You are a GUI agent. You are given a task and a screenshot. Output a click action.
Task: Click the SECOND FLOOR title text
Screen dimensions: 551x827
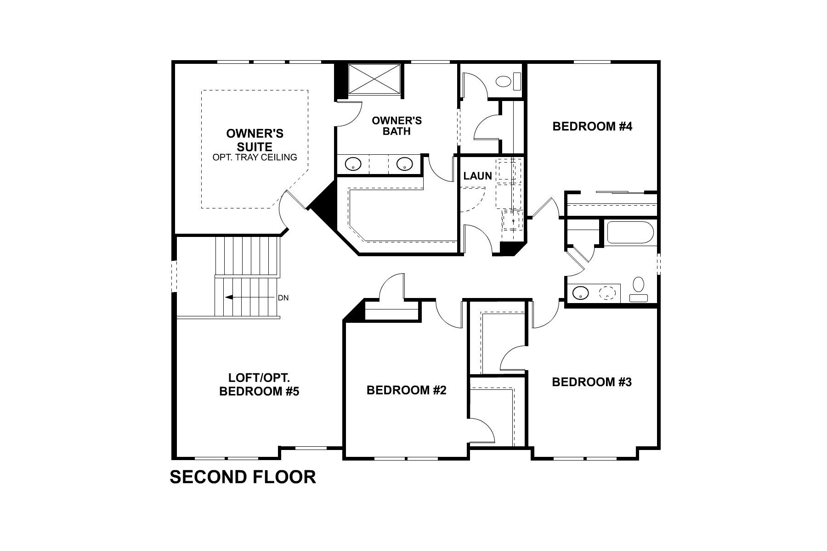pos(243,477)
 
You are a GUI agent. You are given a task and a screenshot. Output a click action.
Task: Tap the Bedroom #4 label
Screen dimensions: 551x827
pos(592,126)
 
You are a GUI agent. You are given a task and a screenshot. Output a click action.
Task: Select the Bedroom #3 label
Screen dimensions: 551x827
pos(591,382)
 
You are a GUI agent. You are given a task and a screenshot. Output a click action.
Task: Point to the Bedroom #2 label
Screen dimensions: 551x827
pos(406,390)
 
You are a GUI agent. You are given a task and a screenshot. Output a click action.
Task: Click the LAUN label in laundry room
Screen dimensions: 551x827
pos(477,176)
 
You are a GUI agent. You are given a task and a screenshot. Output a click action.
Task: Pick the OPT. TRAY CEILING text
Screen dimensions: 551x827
pos(255,157)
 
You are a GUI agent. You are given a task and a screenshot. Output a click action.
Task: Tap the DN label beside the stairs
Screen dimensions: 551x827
pos(283,298)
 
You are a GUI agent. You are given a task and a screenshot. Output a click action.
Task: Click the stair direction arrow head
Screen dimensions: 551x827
pos(228,298)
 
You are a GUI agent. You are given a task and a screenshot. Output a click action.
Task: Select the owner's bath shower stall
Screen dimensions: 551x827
pos(374,79)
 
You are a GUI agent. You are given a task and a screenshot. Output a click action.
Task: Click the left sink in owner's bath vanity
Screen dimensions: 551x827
pos(353,164)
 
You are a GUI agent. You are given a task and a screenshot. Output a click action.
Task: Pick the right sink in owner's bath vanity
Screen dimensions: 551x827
pos(404,164)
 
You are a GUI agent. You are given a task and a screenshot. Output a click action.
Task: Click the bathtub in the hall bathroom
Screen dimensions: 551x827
pos(630,233)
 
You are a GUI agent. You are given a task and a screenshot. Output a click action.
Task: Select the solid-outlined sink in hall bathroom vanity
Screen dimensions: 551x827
pos(581,292)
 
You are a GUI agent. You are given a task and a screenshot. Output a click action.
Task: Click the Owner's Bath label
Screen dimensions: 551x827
pos(397,126)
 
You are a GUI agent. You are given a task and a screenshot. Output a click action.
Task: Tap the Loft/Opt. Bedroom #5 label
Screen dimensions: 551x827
pos(259,385)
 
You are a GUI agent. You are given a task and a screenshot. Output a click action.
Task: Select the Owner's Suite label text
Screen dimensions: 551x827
pos(255,140)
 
